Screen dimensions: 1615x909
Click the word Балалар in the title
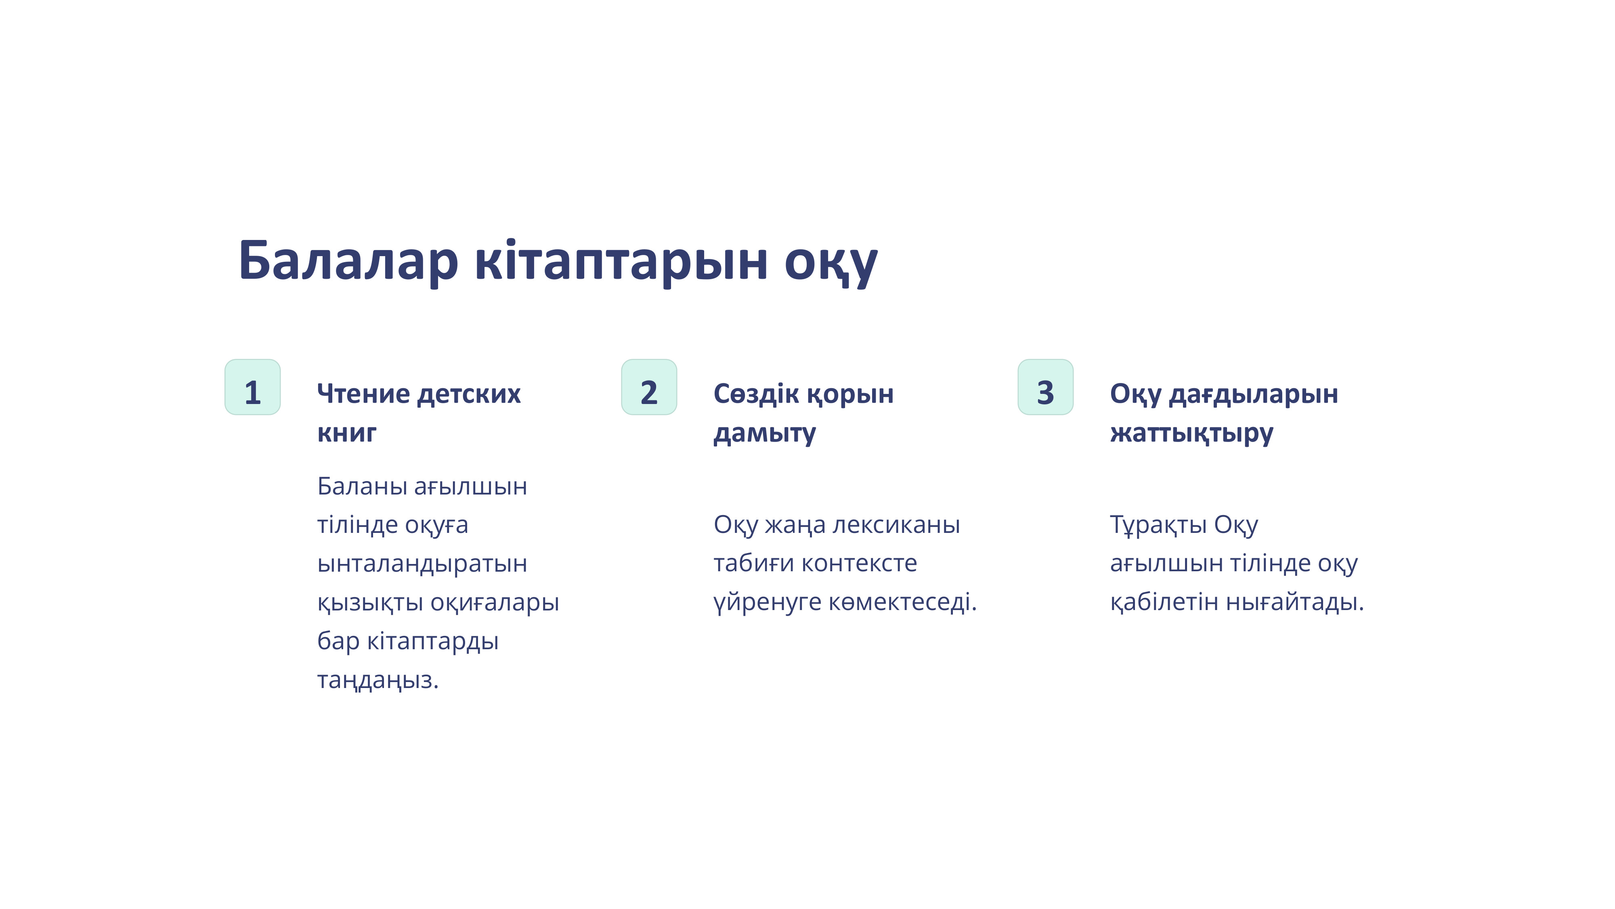point(348,260)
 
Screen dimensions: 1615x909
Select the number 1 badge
point(253,387)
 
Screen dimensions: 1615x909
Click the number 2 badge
point(649,387)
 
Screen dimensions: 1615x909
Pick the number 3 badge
point(1045,387)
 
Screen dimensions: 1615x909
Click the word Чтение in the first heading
point(364,394)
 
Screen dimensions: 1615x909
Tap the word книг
point(347,433)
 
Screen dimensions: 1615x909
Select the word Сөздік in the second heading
point(756,394)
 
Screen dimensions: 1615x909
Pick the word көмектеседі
point(903,602)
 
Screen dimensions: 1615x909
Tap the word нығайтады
point(1295,603)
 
